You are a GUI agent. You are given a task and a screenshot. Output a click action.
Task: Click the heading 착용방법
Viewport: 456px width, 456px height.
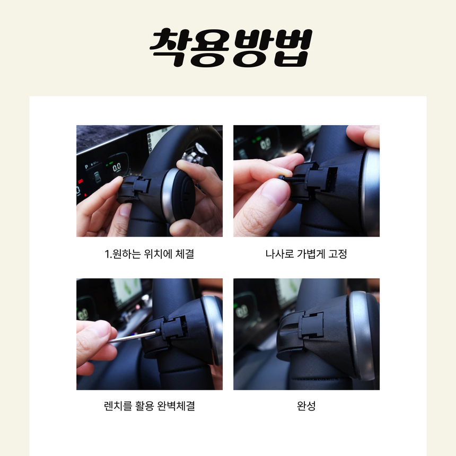pos(231,47)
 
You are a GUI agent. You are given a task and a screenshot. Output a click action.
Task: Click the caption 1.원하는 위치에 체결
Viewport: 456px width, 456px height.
pos(149,254)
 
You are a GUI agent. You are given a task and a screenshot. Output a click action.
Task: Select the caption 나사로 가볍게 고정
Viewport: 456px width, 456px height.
pos(306,254)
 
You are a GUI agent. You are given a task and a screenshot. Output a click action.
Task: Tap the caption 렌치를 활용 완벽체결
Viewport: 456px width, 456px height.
pos(149,406)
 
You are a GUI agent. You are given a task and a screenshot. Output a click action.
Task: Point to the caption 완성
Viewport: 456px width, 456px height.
pos(306,406)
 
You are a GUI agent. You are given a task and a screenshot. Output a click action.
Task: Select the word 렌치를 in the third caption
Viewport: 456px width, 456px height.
pos(118,406)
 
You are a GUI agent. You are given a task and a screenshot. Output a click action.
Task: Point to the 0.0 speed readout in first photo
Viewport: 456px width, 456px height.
pos(117,167)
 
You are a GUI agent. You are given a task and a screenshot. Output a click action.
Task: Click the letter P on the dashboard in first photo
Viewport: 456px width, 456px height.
pos(86,167)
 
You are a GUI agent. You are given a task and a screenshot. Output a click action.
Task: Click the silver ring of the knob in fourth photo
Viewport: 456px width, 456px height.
pos(358,335)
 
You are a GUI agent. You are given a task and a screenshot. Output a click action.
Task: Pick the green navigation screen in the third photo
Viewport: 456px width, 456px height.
pos(127,292)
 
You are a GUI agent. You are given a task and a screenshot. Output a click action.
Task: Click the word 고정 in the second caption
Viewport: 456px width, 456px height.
pos(338,254)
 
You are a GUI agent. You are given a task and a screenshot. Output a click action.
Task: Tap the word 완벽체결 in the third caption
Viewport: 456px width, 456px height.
pos(176,406)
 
